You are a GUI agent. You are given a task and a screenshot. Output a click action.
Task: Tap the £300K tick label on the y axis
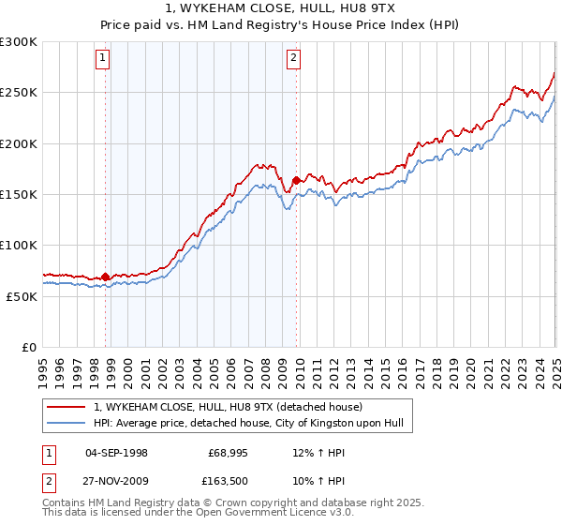point(18,42)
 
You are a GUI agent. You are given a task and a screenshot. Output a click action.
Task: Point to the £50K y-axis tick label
point(22,296)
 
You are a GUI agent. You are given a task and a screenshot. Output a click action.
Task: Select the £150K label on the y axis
point(18,194)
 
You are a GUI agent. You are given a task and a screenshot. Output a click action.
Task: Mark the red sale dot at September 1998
point(105,277)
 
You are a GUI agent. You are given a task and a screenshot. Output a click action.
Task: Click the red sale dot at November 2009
point(297,180)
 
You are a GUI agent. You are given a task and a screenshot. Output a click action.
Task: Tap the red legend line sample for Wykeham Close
point(67,407)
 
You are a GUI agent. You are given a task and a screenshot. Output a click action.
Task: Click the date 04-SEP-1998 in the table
point(116,452)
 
